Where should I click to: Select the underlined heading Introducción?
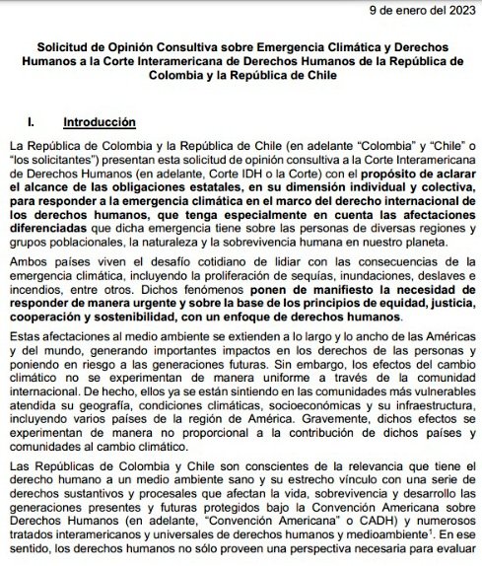coord(99,123)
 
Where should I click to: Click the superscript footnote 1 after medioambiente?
coord(420,539)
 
